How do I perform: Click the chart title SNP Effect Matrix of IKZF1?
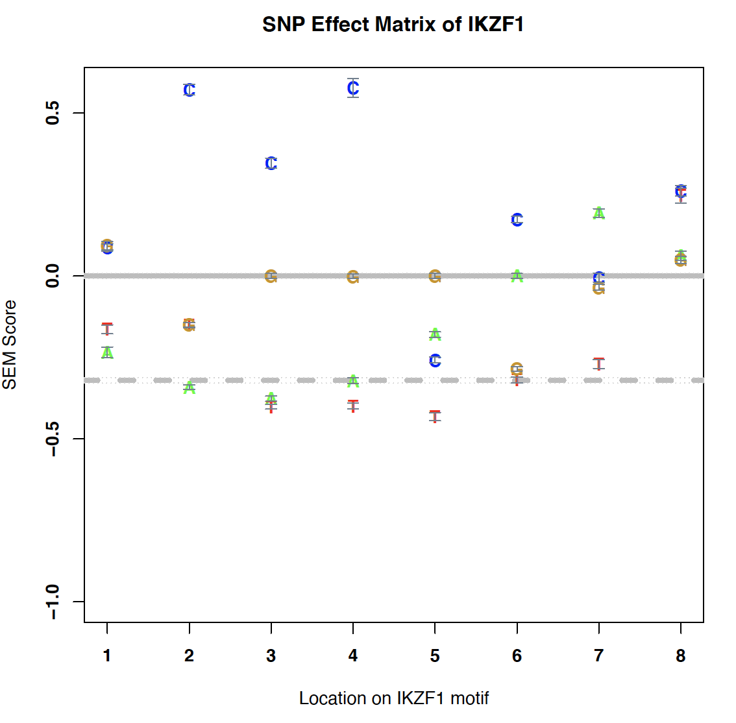point(393,25)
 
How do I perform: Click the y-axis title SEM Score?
point(10,345)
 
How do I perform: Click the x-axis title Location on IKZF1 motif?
point(393,698)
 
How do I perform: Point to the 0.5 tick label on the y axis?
point(53,113)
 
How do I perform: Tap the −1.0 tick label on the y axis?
point(53,602)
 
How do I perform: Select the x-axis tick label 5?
point(435,656)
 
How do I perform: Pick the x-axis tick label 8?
point(680,656)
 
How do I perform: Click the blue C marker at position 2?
point(189,90)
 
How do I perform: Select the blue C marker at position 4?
point(353,88)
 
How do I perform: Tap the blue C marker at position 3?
point(271,164)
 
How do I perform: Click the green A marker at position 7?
point(598,213)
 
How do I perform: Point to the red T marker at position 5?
point(435,416)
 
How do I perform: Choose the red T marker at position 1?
point(107,328)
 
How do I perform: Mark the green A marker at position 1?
point(107,352)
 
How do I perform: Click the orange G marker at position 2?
point(189,325)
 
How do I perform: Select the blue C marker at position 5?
point(435,360)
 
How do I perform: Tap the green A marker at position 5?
point(435,334)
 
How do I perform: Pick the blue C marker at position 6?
point(517,220)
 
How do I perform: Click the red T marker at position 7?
point(598,363)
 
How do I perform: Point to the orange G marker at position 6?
point(517,369)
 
